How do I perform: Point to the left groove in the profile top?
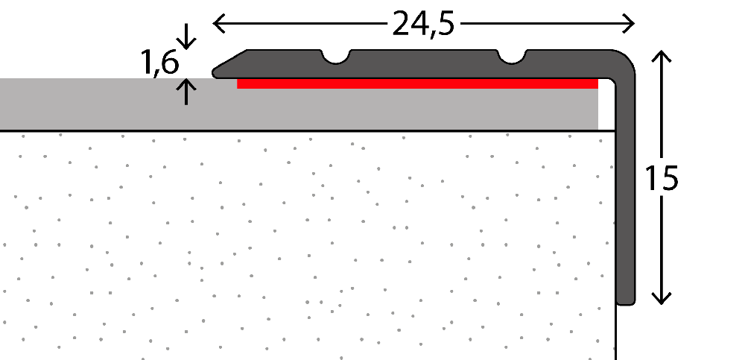pos(337,57)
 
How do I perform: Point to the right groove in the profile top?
pos(512,57)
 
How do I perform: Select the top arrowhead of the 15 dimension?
pos(660,57)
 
